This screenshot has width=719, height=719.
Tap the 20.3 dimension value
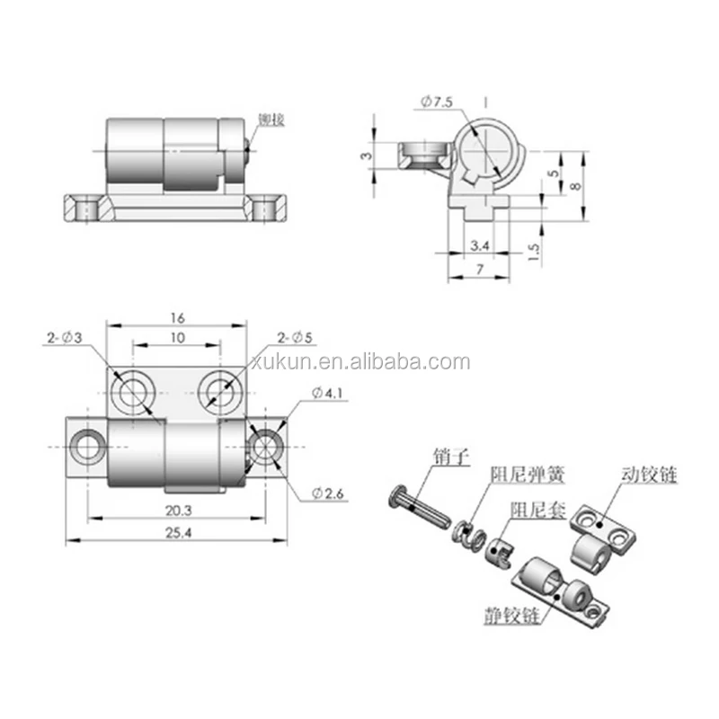178,509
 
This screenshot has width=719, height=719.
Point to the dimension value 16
177,318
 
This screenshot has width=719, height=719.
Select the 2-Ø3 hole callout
65,338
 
